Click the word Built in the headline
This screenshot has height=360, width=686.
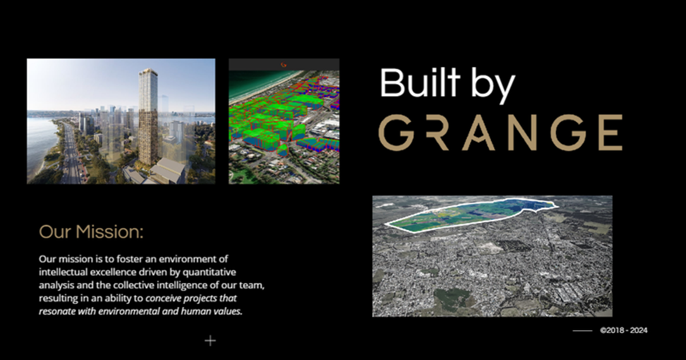(x=420, y=83)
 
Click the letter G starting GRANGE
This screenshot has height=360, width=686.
(x=396, y=132)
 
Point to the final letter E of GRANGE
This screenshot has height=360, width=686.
(x=608, y=132)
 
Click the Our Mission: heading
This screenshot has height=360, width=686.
(x=91, y=232)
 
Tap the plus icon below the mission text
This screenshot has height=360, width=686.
(x=210, y=341)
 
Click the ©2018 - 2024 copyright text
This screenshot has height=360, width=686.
(x=624, y=330)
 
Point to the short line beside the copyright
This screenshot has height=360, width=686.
(x=583, y=330)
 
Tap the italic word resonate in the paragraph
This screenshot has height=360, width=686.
(x=57, y=311)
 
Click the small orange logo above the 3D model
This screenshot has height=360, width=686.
(x=284, y=65)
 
